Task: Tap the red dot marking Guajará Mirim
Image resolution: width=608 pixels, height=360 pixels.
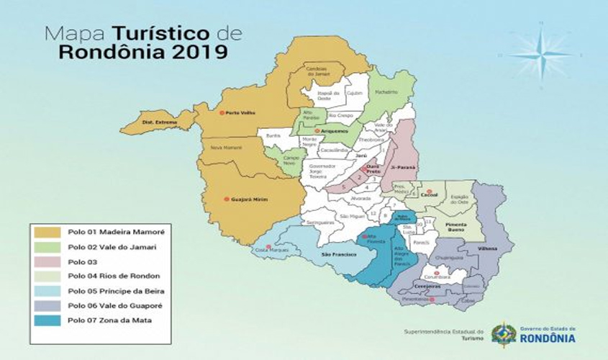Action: (x=226, y=199)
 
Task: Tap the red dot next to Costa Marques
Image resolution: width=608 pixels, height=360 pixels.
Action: (x=268, y=247)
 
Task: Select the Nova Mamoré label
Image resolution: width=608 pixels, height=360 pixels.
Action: (x=225, y=147)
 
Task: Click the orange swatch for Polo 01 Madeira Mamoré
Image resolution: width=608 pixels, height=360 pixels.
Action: (x=47, y=232)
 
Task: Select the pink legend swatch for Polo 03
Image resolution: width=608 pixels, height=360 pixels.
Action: (x=47, y=261)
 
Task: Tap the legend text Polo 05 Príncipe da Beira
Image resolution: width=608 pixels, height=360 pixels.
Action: (x=116, y=291)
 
